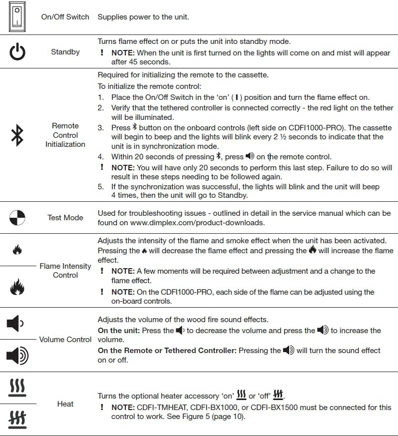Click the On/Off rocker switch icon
pos(17,16)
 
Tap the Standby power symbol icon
pos(17,52)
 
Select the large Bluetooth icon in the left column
pos(17,135)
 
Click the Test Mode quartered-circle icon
pos(17,218)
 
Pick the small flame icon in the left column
pos(17,250)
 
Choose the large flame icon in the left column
pos(17,288)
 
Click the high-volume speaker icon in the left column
pos(17,356)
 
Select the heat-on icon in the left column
pos(17,388)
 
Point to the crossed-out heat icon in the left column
pos(17,419)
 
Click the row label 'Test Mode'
pos(65,218)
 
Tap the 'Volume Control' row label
pos(65,340)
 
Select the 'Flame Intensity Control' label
pos(65,271)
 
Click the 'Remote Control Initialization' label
pos(65,135)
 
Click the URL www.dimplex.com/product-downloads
pos(197,223)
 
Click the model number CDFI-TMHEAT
pos(163,408)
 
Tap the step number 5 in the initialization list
pos(100,187)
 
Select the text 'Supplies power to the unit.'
pos(143,17)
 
